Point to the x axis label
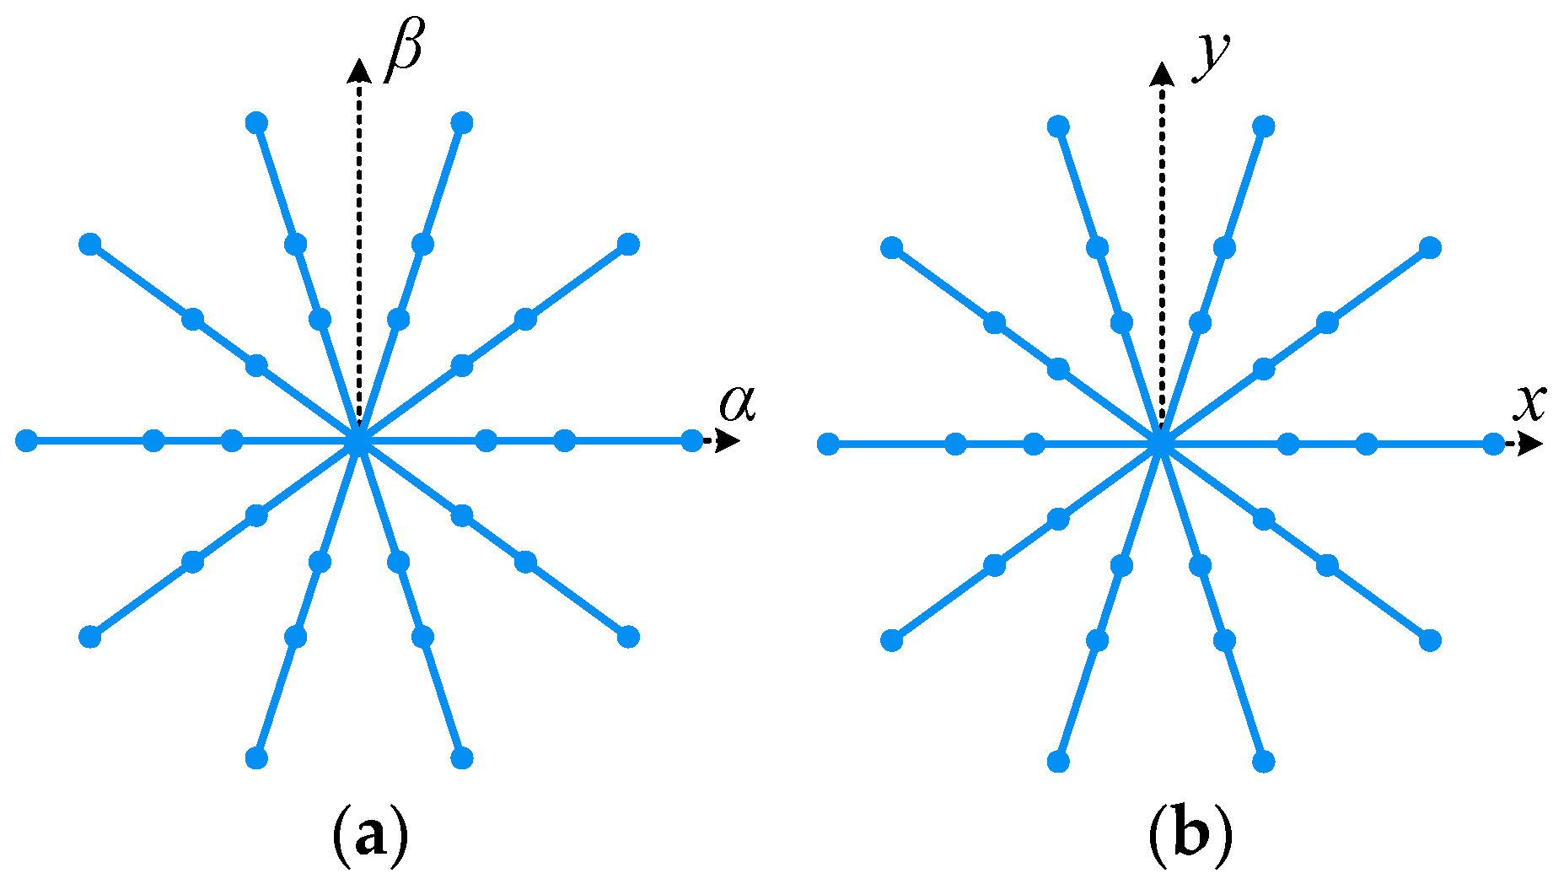tap(1529, 402)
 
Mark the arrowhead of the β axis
tap(360, 71)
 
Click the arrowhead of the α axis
tap(728, 440)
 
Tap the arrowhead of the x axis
tap(1531, 444)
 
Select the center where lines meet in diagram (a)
tap(359, 440)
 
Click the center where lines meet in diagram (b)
tap(1161, 444)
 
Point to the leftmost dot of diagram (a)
tap(27, 440)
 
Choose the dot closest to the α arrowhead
tap(691, 440)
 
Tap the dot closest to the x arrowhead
tap(1493, 444)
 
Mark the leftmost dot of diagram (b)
tap(829, 444)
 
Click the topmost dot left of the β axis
tap(256, 123)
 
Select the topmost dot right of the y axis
tap(1263, 127)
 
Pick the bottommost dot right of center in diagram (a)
tap(461, 757)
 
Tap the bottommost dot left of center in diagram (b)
tap(1058, 761)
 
